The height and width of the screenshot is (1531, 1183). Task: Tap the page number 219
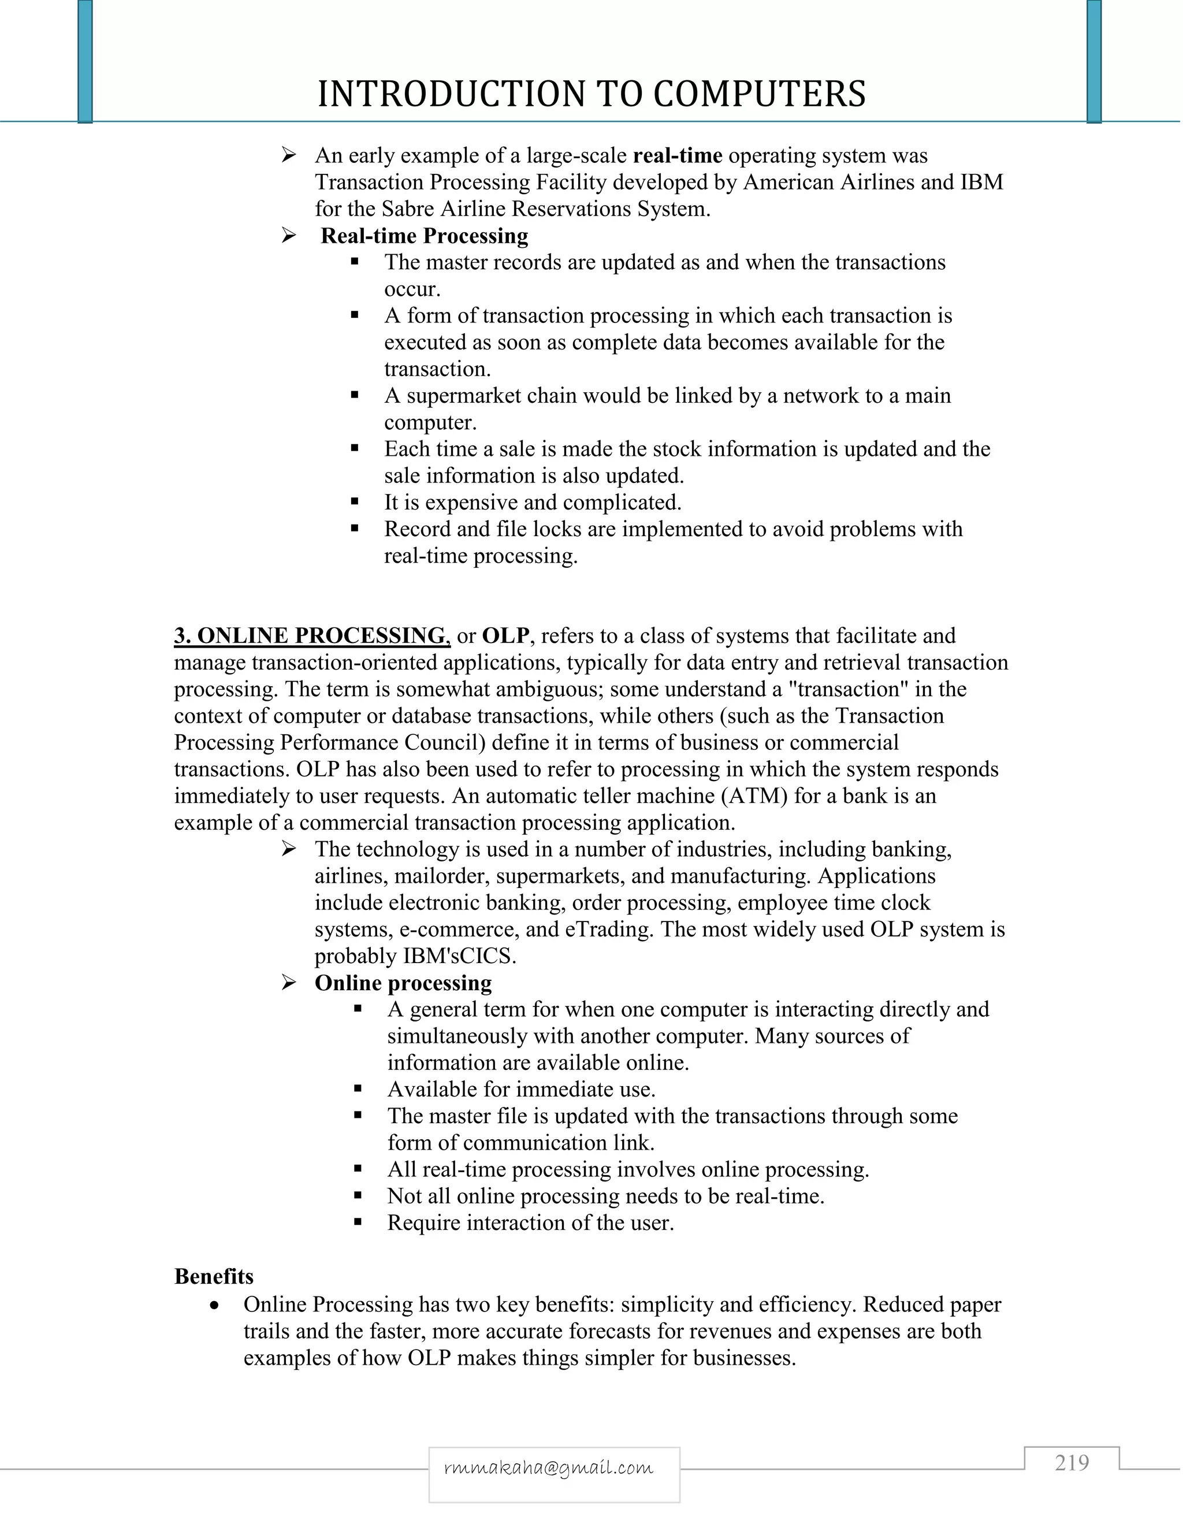1072,1463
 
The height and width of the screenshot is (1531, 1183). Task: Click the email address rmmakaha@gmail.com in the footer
549,1467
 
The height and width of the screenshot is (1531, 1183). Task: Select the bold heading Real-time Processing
424,236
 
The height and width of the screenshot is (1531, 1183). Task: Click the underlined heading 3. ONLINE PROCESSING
312,636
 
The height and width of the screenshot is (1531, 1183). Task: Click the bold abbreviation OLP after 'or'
505,636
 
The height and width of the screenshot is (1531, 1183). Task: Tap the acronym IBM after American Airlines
979,182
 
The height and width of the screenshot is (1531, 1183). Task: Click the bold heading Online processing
403,983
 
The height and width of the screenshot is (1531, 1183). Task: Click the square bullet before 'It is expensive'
355,502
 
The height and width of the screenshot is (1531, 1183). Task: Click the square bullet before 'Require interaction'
358,1223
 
